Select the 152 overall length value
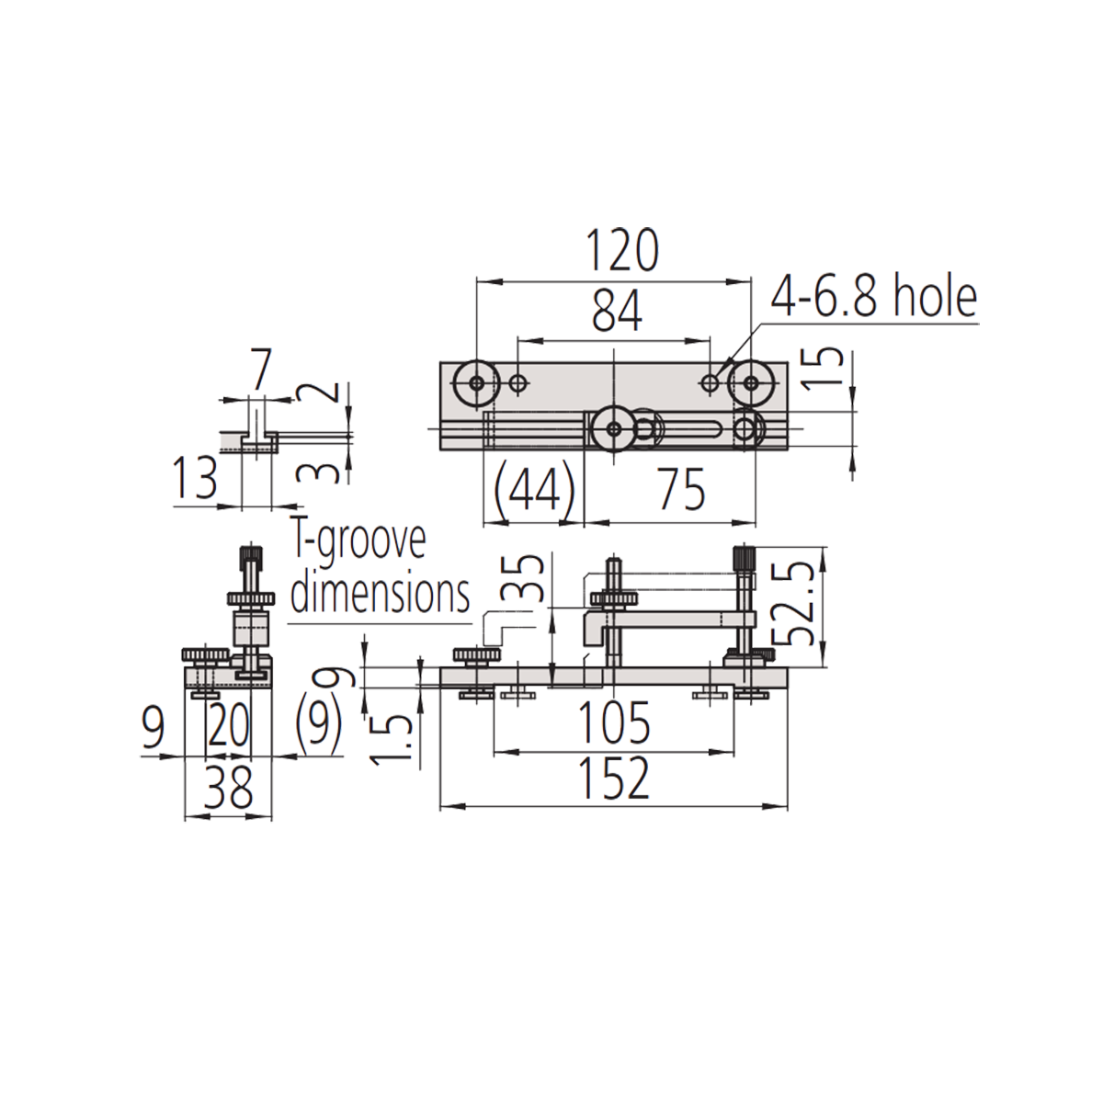(615, 778)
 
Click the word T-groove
(357, 542)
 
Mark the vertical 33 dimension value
(522, 579)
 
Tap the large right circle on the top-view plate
(752, 383)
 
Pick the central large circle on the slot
(612, 428)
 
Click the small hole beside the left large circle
(519, 383)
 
